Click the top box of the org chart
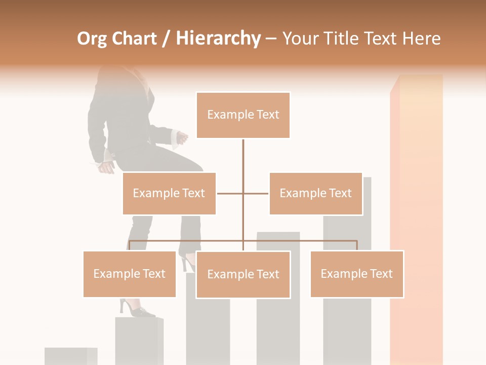pyautogui.click(x=243, y=115)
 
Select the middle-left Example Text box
pyautogui.click(x=169, y=193)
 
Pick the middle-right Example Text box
pyautogui.click(x=315, y=193)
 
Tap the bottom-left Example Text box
pyautogui.click(x=130, y=274)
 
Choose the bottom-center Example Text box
pyautogui.click(x=243, y=274)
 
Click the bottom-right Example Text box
pyautogui.click(x=357, y=274)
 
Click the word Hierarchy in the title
pyautogui.click(x=218, y=39)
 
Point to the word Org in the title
pyautogui.click(x=92, y=39)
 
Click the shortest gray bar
pyautogui.click(x=70, y=356)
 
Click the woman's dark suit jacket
pyautogui.click(x=121, y=117)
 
